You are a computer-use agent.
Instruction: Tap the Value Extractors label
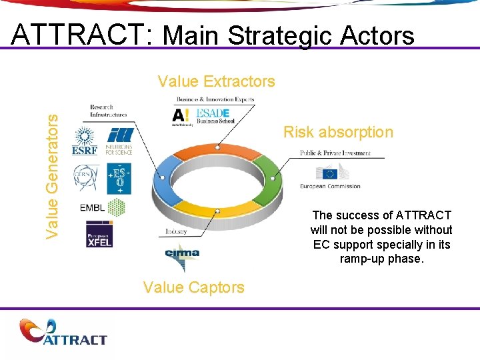click(216, 81)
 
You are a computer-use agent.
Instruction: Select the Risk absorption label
click(338, 132)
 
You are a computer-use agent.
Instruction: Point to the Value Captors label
click(193, 287)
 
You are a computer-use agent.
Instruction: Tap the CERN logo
click(85, 178)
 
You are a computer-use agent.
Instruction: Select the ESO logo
click(119, 179)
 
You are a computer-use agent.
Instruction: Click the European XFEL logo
click(99, 234)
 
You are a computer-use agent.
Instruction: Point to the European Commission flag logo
click(330, 174)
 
